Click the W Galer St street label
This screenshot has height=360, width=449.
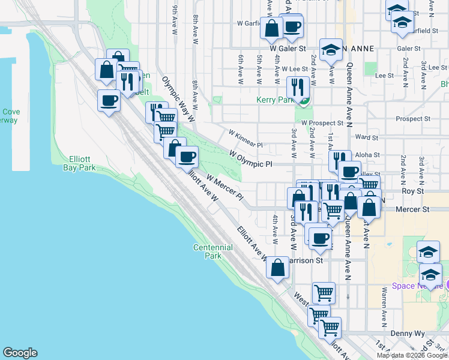(x=288, y=48)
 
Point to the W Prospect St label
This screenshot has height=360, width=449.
(x=325, y=122)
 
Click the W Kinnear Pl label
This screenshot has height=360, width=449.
(x=246, y=137)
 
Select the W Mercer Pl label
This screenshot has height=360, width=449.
(x=224, y=187)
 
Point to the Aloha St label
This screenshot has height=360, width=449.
(x=368, y=155)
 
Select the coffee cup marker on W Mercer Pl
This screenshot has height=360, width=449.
(x=187, y=157)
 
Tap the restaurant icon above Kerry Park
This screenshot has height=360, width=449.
(x=298, y=87)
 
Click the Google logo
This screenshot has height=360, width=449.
(x=19, y=353)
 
